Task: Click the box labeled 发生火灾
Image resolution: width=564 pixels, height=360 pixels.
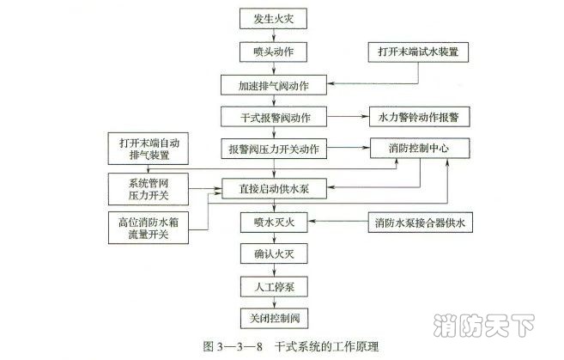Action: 274,18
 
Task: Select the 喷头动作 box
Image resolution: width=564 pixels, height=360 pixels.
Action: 274,51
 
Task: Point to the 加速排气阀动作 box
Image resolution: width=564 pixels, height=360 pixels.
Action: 274,84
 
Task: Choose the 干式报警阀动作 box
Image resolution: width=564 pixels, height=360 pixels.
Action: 274,116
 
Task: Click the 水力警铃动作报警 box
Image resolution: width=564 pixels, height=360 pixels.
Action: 418,116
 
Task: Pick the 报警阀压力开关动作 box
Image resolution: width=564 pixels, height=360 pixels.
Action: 274,149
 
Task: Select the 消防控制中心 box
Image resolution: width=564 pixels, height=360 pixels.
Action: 418,148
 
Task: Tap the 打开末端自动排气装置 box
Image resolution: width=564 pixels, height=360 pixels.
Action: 151,148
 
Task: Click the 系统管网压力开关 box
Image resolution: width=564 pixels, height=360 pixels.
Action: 151,186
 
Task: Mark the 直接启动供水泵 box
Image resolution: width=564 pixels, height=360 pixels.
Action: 274,186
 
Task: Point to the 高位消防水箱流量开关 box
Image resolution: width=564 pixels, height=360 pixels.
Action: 151,228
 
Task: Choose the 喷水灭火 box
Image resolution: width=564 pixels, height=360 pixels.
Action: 274,223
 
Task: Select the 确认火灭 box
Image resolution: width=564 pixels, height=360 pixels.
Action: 274,255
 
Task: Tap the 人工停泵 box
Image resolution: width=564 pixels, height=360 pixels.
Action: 274,287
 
